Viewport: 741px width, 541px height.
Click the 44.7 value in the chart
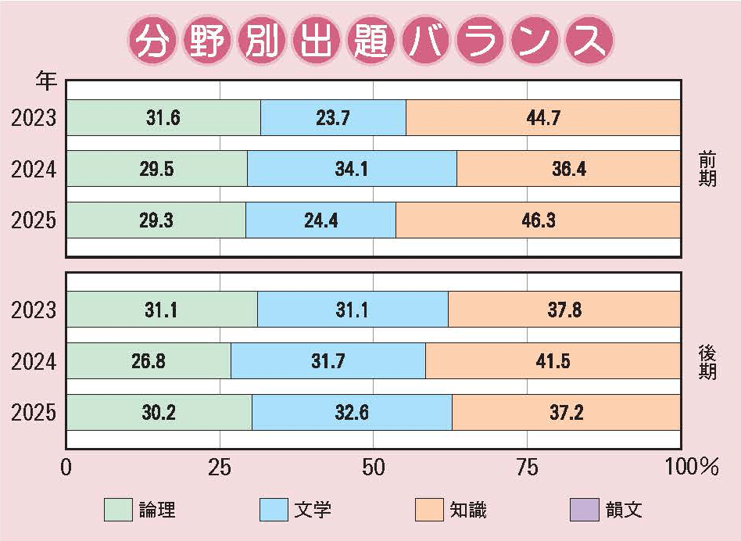544,118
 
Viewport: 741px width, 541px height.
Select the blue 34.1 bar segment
352,169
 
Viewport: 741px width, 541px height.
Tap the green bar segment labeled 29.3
156,220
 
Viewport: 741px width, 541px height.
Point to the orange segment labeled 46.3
538,220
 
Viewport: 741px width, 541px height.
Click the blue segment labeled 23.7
333,118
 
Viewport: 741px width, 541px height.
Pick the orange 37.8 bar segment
564,310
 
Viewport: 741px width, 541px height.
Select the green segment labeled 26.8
149,361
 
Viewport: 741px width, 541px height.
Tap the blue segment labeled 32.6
352,413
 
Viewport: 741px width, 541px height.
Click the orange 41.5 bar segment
553,361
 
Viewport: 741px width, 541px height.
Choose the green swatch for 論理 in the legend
119,510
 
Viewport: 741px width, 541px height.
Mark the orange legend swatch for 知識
429,510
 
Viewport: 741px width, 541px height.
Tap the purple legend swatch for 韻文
585,510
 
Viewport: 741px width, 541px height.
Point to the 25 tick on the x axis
220,468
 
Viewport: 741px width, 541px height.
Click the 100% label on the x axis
692,468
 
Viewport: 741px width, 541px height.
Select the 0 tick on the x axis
66,468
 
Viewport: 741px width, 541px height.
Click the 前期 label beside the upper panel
708,169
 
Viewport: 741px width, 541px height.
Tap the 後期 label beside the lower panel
708,361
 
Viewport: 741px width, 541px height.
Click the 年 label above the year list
45,79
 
